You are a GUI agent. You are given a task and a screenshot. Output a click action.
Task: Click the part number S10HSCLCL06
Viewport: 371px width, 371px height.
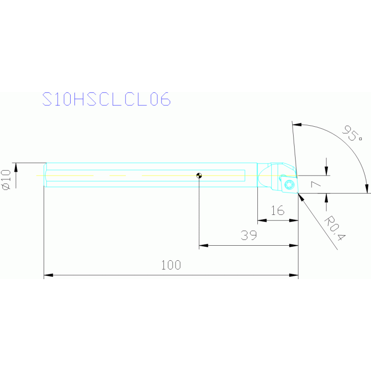point(106,100)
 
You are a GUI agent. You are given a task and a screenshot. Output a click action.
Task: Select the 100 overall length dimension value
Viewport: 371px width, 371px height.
point(171,265)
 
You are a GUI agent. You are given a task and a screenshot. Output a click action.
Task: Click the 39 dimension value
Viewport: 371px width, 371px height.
point(248,236)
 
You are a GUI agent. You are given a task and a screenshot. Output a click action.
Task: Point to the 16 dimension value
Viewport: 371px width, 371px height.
point(277,210)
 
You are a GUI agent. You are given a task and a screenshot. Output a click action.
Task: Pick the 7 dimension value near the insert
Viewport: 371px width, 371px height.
point(316,184)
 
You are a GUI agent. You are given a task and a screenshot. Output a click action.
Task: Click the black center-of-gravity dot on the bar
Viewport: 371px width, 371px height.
point(199,176)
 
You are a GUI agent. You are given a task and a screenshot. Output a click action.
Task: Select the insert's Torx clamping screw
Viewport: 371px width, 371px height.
point(289,184)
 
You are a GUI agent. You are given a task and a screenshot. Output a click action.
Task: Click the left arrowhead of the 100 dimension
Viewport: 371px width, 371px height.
point(48,275)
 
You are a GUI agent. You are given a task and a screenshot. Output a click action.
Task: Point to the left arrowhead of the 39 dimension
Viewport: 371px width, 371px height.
point(203,246)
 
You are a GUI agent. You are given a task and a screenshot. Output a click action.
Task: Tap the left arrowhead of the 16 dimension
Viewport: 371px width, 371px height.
point(261,221)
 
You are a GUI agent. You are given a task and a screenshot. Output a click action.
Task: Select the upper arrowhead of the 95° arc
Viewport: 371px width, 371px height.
point(297,125)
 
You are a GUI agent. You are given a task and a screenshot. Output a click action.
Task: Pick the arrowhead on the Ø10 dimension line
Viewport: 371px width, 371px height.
point(15,167)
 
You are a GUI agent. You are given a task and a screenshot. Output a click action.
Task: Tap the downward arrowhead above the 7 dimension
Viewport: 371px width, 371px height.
point(326,172)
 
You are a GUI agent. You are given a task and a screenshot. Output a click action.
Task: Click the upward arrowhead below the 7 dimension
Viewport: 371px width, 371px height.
point(326,197)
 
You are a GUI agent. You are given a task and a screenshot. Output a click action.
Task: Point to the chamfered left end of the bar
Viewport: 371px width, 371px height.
point(45,175)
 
